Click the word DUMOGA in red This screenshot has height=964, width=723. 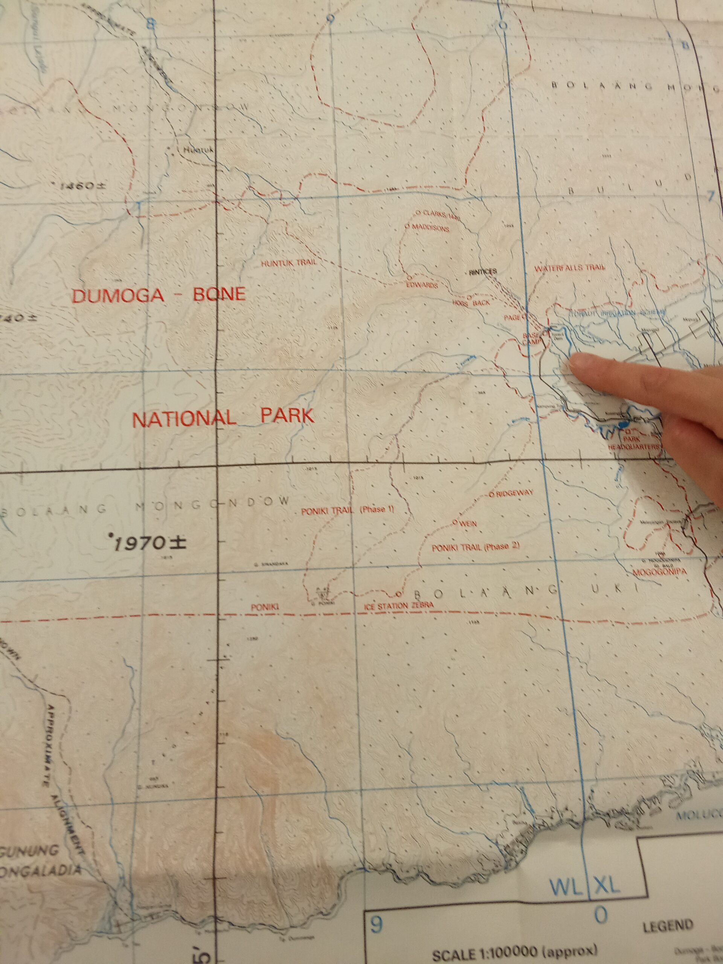117,296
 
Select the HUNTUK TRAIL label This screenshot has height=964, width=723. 288,263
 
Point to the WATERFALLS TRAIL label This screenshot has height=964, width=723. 570,268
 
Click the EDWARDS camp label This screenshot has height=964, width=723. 421,285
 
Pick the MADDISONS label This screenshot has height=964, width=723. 429,228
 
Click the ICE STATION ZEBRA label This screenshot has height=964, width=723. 399,606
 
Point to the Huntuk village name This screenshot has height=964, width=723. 198,150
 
